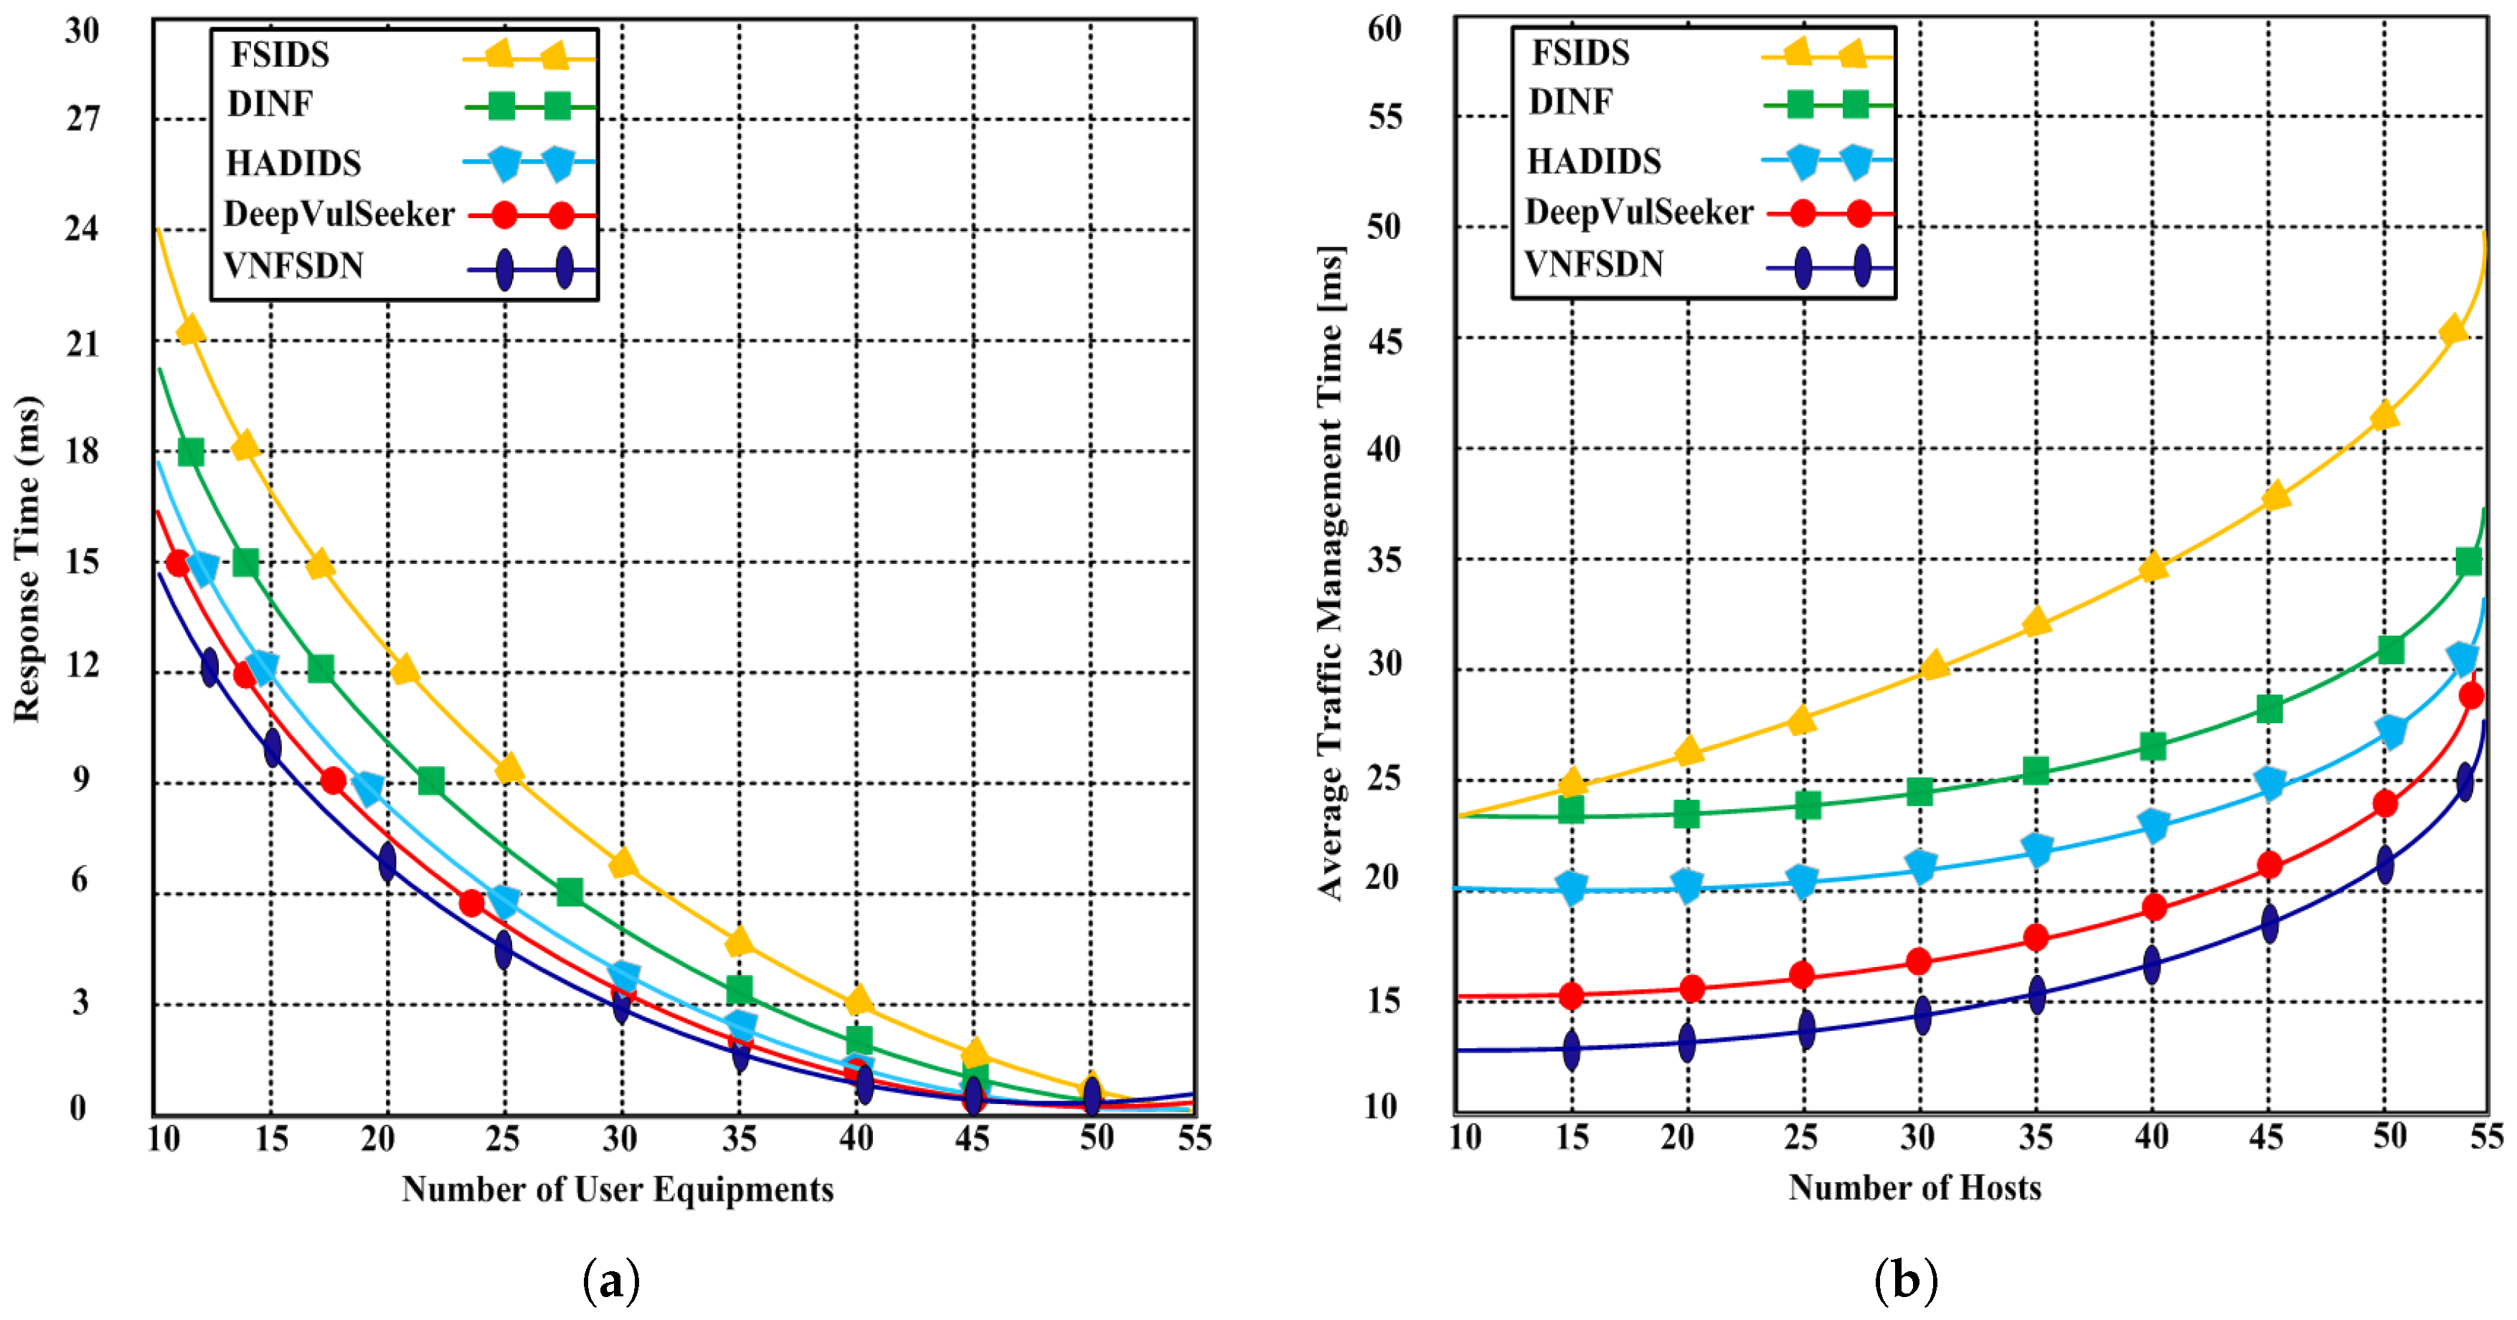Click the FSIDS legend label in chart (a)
coord(280,55)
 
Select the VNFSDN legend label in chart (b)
coord(1594,264)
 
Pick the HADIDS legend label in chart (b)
coord(1594,161)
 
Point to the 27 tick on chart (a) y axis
coord(83,119)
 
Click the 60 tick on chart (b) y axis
coord(1384,29)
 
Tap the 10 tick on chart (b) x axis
coord(1465,1137)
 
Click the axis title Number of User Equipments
coord(618,1189)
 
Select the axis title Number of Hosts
coord(1914,1187)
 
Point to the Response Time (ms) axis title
coord(27,559)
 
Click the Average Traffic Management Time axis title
coord(1331,572)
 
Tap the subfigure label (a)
coord(610,1279)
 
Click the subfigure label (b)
coord(1905,1279)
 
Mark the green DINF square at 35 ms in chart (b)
coord(2468,561)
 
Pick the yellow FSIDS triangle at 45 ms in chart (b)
coord(2452,331)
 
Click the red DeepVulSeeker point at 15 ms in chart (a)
coord(178,562)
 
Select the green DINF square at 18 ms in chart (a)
coord(191,453)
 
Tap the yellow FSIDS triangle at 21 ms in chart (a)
coord(191,330)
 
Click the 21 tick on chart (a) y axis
coord(83,344)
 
